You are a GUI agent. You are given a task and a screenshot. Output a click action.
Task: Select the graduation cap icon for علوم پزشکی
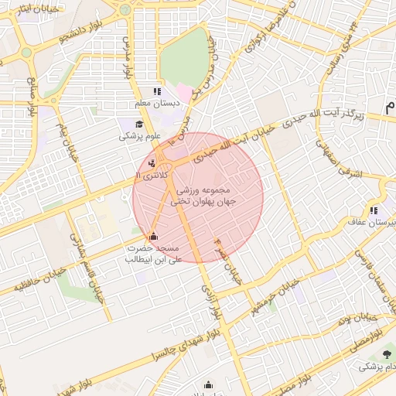pyautogui.click(x=139, y=124)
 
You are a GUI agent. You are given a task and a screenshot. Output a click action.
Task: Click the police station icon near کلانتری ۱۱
pyautogui.click(x=152, y=162)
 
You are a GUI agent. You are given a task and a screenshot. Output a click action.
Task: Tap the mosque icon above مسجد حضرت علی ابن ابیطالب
pyautogui.click(x=152, y=236)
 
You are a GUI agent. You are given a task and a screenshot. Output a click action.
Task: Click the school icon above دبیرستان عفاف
pyautogui.click(x=373, y=210)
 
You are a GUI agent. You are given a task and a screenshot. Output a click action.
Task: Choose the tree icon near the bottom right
pyautogui.click(x=387, y=354)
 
